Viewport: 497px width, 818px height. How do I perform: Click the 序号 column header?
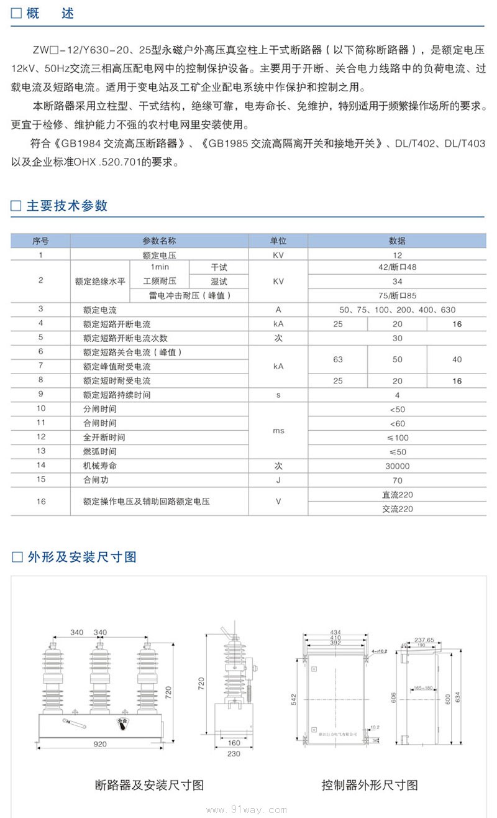click(x=40, y=241)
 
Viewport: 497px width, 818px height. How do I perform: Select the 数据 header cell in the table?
click(x=397, y=241)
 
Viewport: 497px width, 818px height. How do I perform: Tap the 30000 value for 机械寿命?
click(x=397, y=466)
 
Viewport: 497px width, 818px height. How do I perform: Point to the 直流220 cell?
click(x=397, y=495)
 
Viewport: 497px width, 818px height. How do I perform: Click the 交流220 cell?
click(x=397, y=509)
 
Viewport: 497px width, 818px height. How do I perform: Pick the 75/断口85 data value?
click(x=397, y=295)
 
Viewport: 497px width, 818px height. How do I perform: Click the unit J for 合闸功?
click(x=278, y=480)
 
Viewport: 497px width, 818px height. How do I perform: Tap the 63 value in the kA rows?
click(x=337, y=359)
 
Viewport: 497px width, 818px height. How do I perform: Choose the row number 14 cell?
click(x=40, y=466)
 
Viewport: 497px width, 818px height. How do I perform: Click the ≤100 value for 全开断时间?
click(x=397, y=438)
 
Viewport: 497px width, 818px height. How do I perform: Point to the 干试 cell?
click(x=219, y=267)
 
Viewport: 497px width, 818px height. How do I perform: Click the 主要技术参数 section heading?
click(x=67, y=206)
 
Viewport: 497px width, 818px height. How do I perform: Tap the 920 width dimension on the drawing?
click(x=100, y=743)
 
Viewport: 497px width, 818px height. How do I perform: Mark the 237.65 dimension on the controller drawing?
click(x=424, y=639)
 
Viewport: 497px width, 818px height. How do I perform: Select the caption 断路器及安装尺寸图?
click(x=149, y=785)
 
